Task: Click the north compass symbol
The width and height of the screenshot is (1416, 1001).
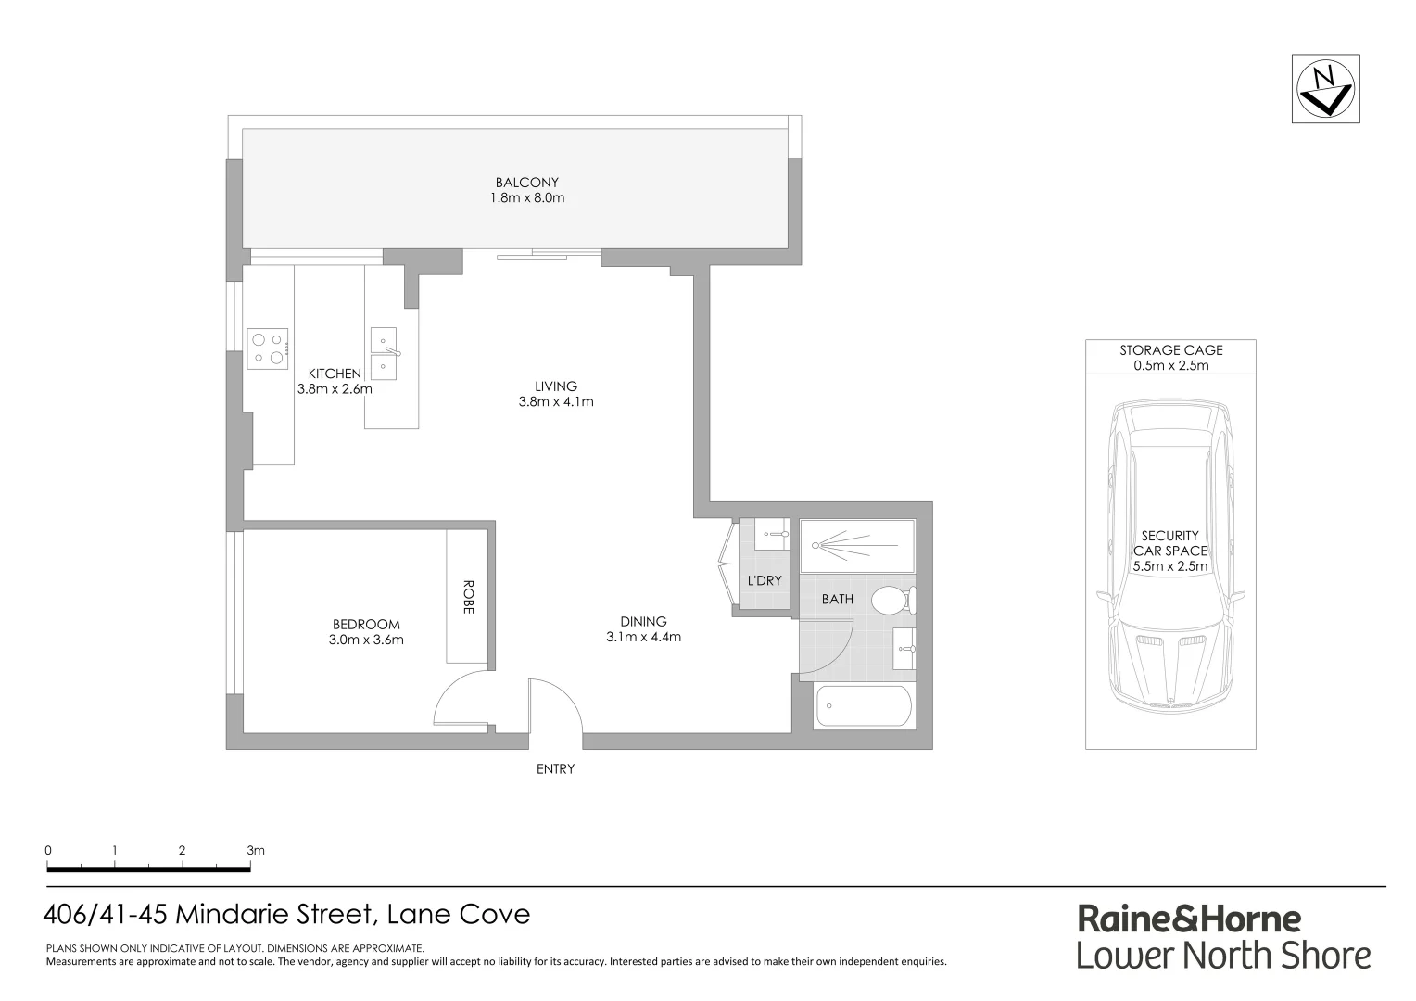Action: point(1326,88)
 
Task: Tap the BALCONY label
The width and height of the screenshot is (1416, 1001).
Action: point(526,183)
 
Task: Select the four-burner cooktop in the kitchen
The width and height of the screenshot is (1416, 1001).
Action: point(267,349)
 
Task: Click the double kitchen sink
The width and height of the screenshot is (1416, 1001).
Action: point(383,353)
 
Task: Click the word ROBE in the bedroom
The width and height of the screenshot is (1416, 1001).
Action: point(468,597)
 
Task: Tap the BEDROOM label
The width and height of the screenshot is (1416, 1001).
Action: point(366,625)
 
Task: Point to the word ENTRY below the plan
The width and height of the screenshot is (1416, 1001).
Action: point(555,769)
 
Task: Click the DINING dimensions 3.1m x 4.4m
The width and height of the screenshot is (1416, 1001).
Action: point(643,638)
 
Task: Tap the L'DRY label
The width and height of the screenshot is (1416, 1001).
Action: point(765,581)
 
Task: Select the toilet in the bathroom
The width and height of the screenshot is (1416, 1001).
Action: point(891,600)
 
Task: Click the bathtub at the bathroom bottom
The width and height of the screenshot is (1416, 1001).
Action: point(863,706)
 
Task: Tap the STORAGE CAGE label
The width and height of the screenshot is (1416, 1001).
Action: point(1170,350)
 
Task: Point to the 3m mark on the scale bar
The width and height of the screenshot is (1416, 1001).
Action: point(254,851)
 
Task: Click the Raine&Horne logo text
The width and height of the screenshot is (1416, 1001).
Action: point(1189,919)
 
